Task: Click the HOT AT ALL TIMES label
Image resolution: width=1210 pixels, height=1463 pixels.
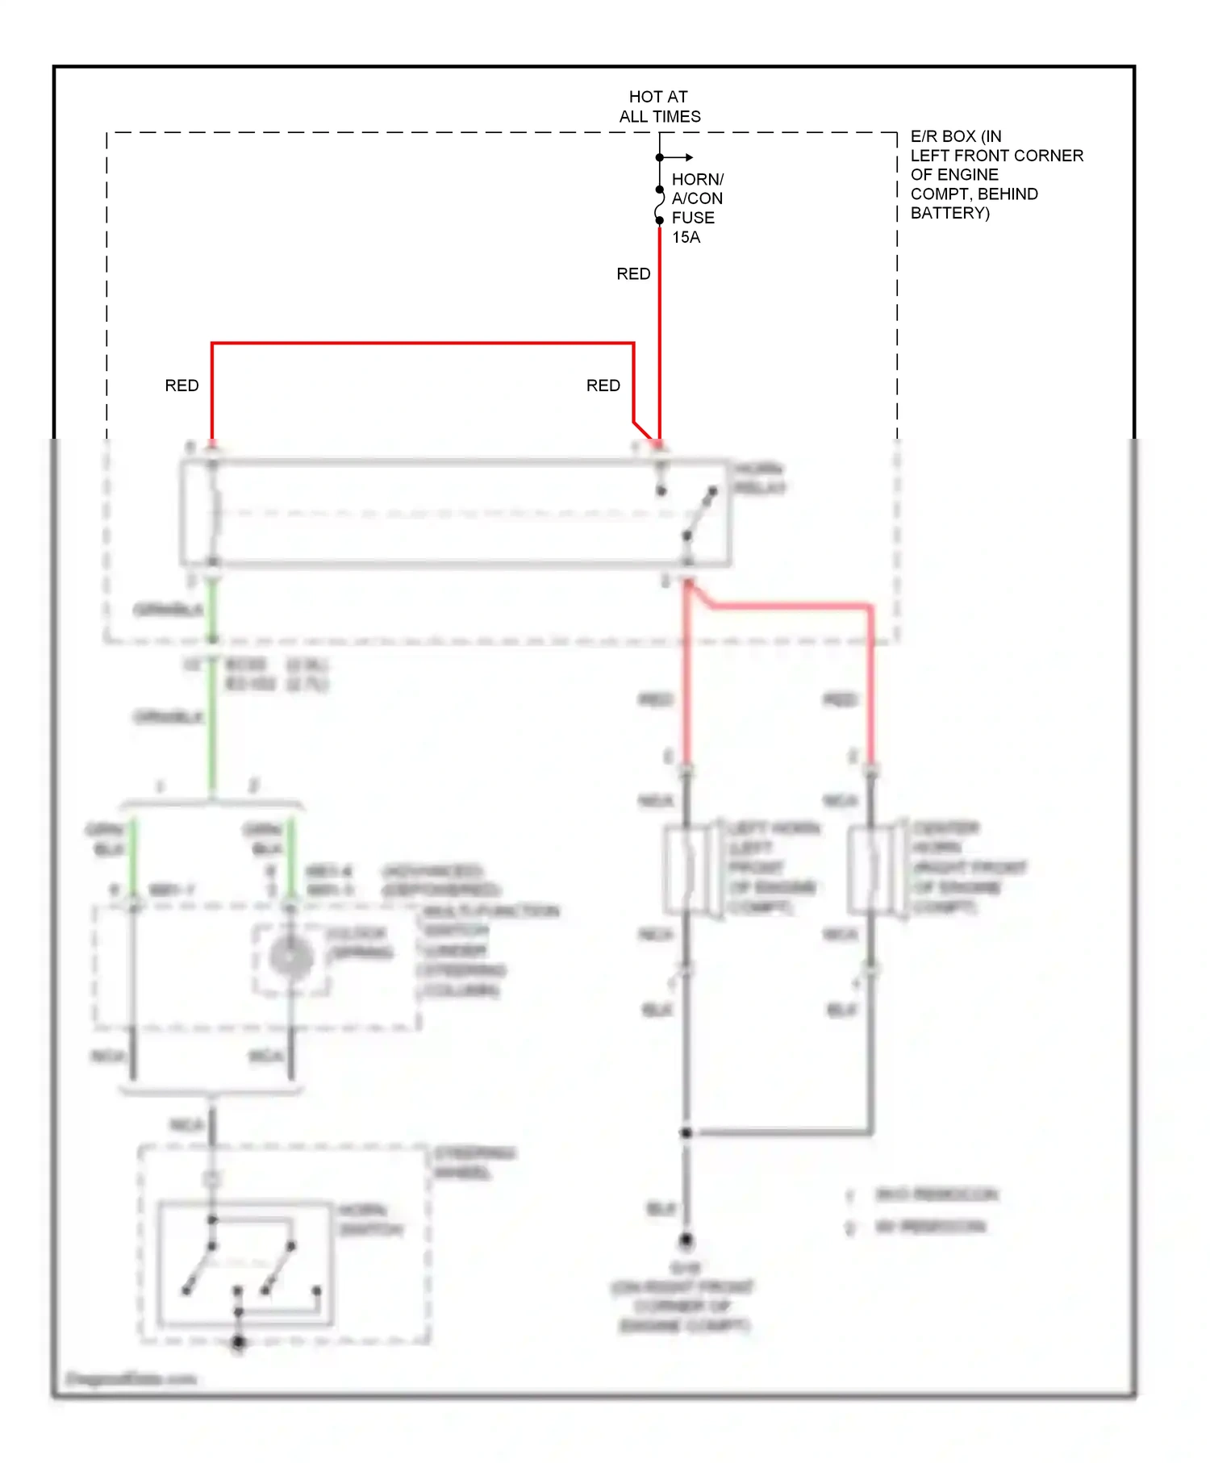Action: tap(659, 106)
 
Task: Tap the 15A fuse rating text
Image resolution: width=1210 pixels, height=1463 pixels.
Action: tap(686, 237)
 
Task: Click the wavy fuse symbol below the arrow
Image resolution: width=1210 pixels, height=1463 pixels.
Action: tap(660, 205)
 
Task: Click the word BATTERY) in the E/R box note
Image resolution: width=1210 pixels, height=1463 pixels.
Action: tap(949, 213)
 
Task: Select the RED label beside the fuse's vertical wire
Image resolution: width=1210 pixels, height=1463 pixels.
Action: tap(633, 274)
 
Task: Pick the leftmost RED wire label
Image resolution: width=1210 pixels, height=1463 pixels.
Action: tap(181, 386)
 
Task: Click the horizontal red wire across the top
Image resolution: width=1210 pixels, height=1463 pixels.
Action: tap(419, 344)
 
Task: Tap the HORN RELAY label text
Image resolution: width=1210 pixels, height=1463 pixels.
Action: tap(758, 478)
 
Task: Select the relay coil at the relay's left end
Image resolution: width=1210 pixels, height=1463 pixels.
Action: tap(213, 513)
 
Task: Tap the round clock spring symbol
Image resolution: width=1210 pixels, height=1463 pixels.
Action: tap(291, 958)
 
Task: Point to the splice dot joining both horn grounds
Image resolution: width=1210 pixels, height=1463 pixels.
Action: tap(686, 1133)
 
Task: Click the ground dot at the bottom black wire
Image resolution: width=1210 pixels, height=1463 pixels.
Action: tap(686, 1240)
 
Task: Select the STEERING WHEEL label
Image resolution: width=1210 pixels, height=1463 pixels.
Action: tap(474, 1162)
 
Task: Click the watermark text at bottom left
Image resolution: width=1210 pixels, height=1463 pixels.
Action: tap(131, 1378)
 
